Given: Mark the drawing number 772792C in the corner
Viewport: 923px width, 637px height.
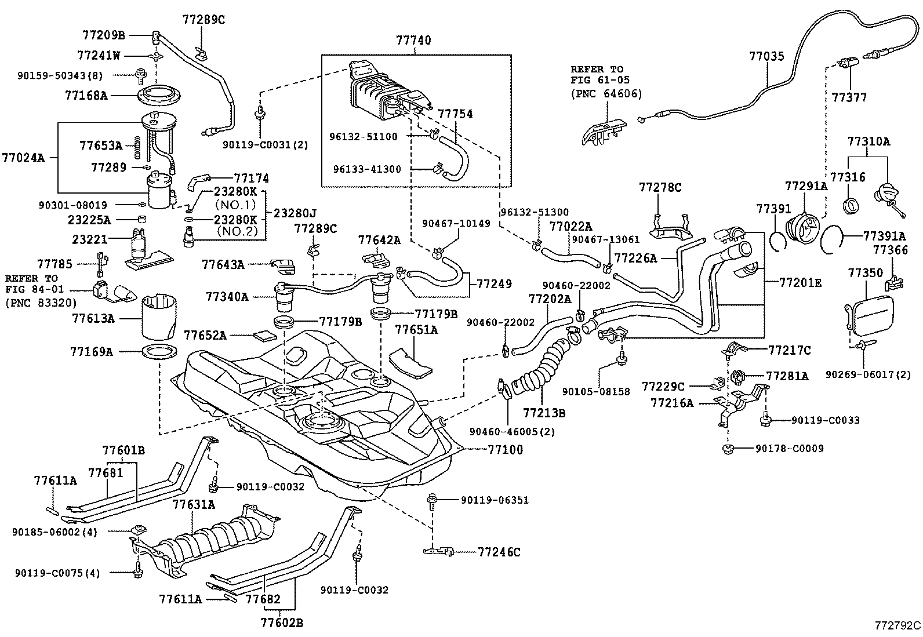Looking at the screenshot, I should pyautogui.click(x=897, y=625).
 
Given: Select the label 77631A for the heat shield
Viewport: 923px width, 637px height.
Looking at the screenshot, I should pyautogui.click(x=193, y=505).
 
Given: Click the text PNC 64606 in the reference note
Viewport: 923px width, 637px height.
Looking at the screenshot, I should pyautogui.click(x=606, y=94).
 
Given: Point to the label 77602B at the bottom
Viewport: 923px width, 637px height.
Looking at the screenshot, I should pyautogui.click(x=282, y=623).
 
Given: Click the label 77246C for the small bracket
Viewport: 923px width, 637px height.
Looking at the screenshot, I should pyautogui.click(x=499, y=552).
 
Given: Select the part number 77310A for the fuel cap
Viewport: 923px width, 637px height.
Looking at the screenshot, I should pyautogui.click(x=869, y=141).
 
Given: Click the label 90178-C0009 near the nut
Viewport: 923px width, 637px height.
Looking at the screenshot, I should pyautogui.click(x=789, y=448).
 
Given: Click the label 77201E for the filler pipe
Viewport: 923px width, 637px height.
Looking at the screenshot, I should pyautogui.click(x=800, y=283).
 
